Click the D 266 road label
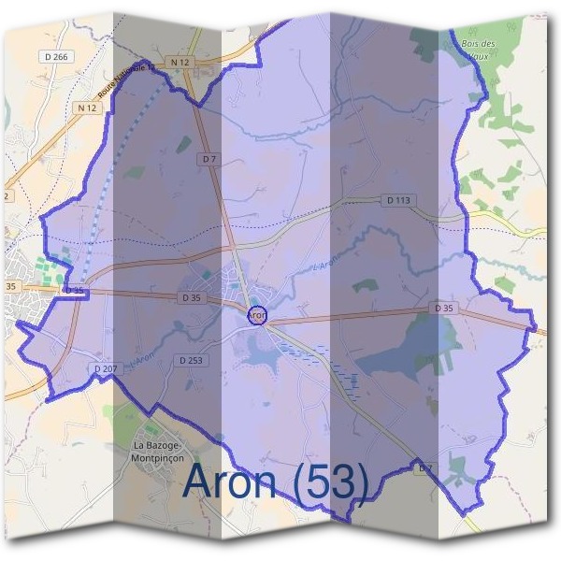tap(57, 57)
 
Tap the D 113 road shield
tap(397, 200)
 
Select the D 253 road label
tap(190, 360)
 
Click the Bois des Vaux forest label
tap(480, 50)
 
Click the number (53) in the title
tap(327, 482)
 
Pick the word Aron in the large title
tap(230, 482)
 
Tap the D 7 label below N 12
tap(208, 160)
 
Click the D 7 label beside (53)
tap(424, 467)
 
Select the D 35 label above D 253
tap(190, 298)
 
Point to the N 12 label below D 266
tap(87, 108)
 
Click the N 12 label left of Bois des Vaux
tap(180, 63)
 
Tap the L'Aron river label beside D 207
tap(142, 356)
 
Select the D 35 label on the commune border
tap(75, 291)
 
